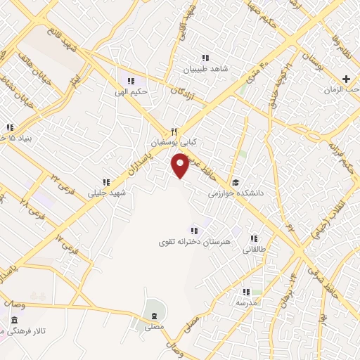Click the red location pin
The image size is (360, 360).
181,165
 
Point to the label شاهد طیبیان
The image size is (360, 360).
206,70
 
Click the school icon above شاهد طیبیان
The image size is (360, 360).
205,58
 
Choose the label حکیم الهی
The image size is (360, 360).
131,91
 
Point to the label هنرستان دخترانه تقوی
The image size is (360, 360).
194,242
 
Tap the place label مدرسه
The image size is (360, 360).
245,302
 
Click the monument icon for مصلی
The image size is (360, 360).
153,314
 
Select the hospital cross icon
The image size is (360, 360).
345,79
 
